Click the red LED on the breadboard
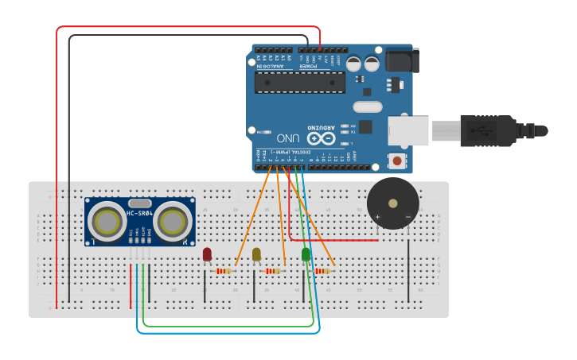[x=207, y=254]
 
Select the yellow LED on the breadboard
[x=256, y=254]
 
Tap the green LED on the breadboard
[x=306, y=254]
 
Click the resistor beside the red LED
[x=224, y=271]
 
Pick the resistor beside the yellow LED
[x=273, y=271]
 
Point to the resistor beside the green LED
[x=322, y=271]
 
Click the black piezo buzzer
[x=392, y=203]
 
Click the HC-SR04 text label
[x=139, y=213]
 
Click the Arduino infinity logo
[x=322, y=137]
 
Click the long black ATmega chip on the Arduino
[x=300, y=81]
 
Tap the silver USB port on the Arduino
[x=408, y=130]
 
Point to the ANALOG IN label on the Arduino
[x=271, y=66]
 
